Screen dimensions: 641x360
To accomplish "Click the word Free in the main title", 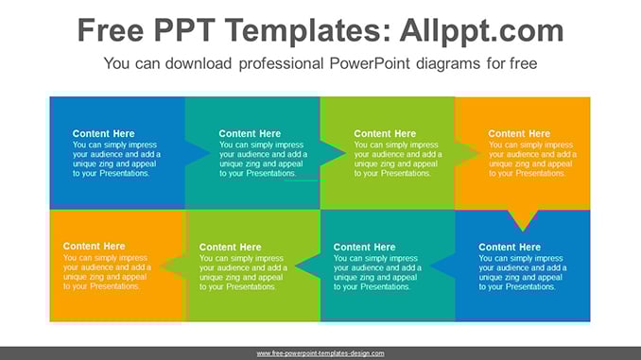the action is click(x=111, y=30).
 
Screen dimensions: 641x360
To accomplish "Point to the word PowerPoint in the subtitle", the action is click(x=370, y=63).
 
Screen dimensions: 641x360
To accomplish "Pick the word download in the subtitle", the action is click(x=199, y=63).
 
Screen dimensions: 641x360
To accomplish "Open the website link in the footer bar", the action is click(x=320, y=353).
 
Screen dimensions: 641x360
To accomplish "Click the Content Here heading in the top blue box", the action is click(x=103, y=133).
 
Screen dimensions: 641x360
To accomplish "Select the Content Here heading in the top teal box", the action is click(x=250, y=133).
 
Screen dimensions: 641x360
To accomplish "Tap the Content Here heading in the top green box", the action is click(x=385, y=133).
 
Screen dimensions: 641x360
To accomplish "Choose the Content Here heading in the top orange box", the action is click(x=519, y=133).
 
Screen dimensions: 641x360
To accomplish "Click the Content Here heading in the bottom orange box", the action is click(x=94, y=247).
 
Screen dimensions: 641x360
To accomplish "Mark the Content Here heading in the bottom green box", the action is click(x=230, y=248).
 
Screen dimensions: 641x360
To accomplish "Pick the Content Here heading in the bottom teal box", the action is click(x=364, y=248).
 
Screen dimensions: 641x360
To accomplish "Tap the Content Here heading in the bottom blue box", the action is click(x=510, y=248).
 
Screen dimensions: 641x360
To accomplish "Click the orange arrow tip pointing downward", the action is click(x=523, y=231).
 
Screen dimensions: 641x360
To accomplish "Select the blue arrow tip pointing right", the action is click(x=211, y=154).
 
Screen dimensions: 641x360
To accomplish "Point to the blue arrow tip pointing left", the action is click(x=430, y=266).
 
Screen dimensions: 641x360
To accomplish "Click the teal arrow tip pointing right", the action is click(x=345, y=154).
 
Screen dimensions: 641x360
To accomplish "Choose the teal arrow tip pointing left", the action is click(x=295, y=266).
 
